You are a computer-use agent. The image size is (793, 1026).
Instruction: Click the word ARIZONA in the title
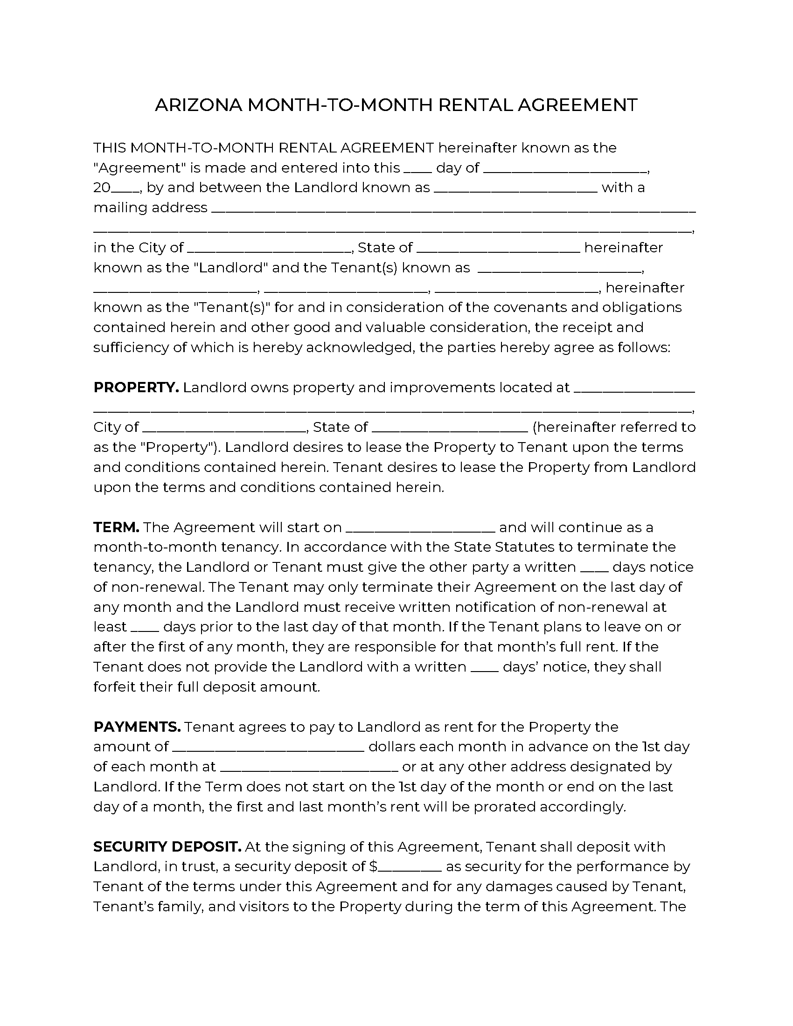(198, 105)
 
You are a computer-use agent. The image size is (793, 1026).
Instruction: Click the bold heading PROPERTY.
(136, 388)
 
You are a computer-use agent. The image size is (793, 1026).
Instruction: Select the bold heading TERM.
(116, 527)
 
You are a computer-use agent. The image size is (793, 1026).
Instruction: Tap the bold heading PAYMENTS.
(137, 727)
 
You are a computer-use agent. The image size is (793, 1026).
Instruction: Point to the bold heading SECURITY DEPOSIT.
(167, 846)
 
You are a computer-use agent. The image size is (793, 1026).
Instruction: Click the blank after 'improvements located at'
(634, 389)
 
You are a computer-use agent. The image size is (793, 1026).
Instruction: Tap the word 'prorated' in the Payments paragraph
(504, 807)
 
